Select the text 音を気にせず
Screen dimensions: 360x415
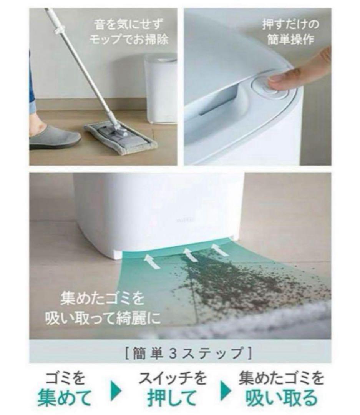point(129,25)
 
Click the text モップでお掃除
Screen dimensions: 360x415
point(129,40)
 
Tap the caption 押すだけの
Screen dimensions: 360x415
point(290,25)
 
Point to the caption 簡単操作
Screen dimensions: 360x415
point(290,40)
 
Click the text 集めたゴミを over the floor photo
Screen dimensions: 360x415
point(102,299)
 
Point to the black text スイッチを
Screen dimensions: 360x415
point(173,378)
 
